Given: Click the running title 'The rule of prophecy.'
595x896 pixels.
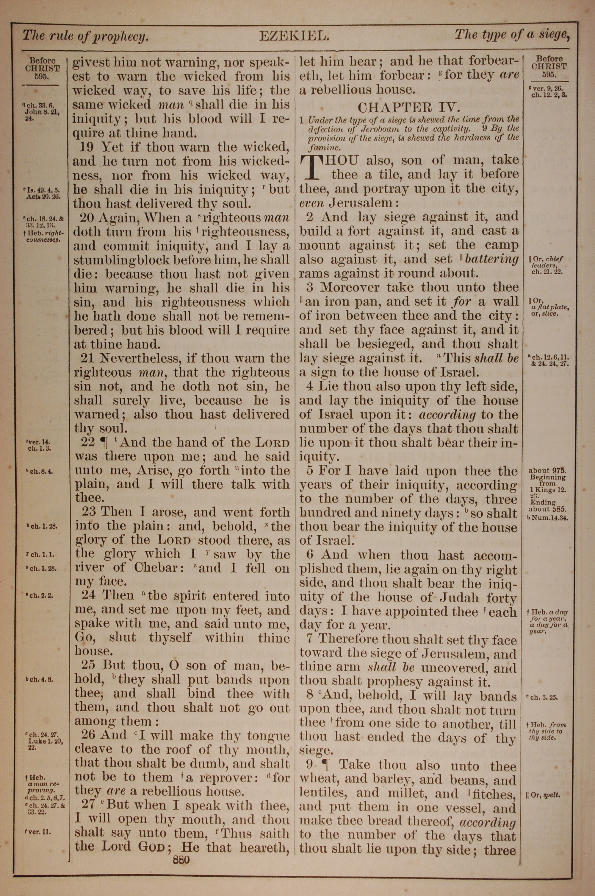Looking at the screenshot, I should click(85, 36).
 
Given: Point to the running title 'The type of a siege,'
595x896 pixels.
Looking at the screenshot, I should click(512, 35).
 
